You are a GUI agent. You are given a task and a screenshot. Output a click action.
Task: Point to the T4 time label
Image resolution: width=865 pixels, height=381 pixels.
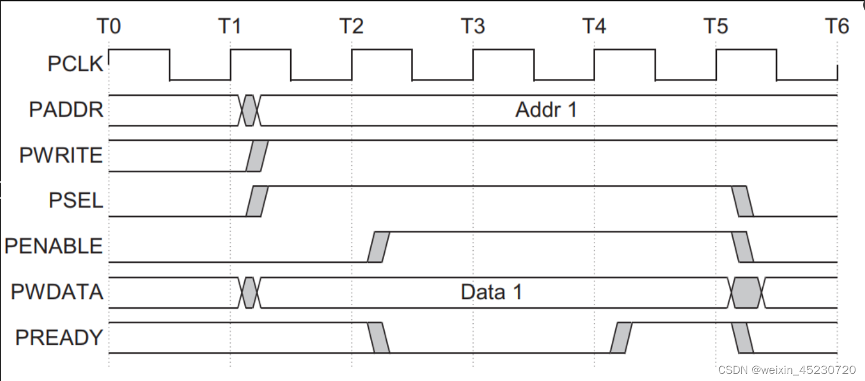594,27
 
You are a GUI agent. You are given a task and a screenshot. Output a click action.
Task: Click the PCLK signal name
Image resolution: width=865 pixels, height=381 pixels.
76,64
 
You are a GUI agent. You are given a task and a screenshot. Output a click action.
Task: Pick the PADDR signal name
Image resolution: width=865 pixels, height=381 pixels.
66,110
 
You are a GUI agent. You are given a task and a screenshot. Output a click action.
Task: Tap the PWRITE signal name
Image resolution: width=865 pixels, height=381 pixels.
61,156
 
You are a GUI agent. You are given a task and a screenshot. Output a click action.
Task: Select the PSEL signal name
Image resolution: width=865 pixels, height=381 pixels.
76,201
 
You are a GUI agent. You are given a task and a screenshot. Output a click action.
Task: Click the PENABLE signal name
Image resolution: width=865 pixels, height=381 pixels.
54,246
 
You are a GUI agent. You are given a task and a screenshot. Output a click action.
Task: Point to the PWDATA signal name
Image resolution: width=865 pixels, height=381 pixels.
57,292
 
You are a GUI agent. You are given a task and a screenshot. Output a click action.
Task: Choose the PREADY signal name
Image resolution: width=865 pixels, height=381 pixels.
59,338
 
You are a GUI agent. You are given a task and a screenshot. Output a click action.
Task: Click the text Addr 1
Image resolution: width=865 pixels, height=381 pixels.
546,110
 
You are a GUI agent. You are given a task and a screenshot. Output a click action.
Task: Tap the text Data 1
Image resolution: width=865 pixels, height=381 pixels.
491,292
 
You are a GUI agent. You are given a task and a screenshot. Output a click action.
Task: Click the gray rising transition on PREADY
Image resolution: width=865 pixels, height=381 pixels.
621,338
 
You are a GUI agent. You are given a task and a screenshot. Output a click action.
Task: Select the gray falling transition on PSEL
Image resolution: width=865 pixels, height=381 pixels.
743,201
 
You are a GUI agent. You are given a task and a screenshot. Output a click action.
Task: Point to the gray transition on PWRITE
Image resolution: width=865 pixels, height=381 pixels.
257,156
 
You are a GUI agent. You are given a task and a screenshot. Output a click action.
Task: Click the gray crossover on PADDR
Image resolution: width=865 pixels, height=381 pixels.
250,110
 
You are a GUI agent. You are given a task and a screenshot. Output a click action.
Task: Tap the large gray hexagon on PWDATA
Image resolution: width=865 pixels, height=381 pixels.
746,292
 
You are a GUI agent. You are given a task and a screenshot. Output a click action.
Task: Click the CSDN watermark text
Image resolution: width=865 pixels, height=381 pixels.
787,370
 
